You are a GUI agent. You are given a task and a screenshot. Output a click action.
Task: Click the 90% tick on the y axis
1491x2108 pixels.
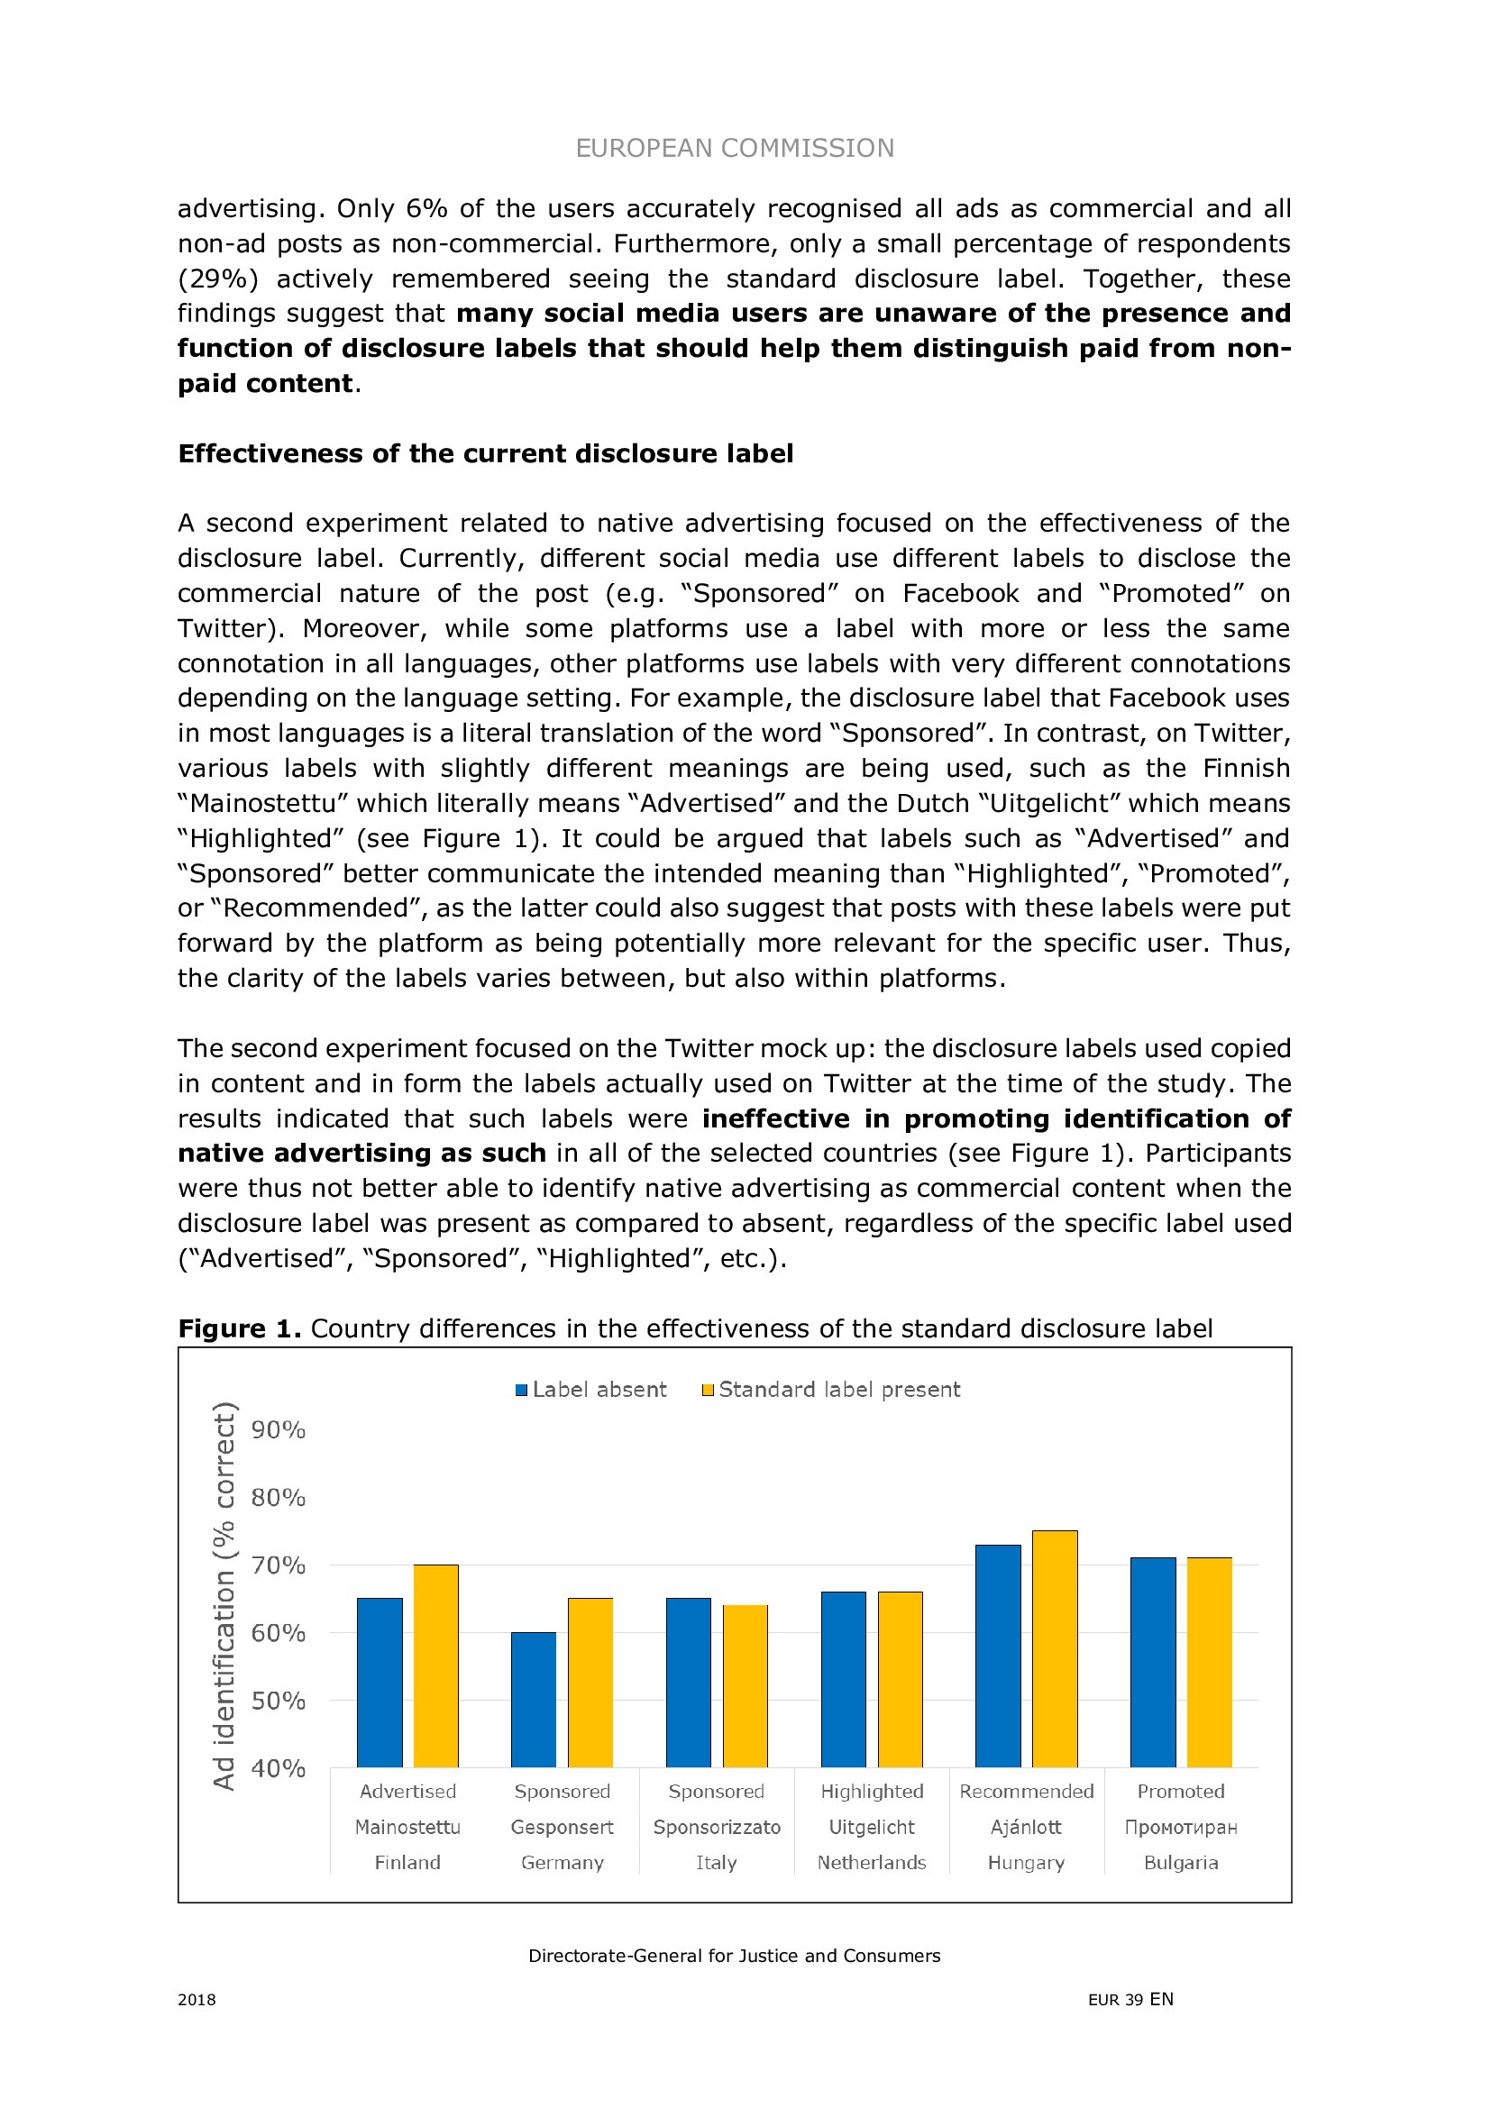pos(279,1429)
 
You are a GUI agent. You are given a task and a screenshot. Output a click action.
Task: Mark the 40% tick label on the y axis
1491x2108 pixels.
pos(279,1767)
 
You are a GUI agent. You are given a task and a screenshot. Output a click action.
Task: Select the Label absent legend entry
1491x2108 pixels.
pos(591,1389)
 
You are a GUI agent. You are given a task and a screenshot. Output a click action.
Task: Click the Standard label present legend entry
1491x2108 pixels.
pos(831,1389)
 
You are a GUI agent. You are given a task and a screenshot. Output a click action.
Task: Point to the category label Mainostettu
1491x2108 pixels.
pos(407,1827)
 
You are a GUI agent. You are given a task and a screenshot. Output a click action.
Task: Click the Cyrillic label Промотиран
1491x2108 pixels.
pos(1181,1827)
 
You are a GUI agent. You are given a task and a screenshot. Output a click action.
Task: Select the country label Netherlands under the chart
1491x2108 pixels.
pos(872,1862)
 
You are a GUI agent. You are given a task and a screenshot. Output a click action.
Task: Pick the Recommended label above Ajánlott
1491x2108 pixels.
pos(1027,1792)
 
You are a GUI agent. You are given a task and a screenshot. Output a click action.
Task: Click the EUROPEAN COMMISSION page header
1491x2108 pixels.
pos(735,148)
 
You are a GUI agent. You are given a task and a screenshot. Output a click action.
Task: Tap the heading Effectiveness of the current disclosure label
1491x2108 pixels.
pos(486,453)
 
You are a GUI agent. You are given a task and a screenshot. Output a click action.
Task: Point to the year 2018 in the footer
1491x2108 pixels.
pos(197,2000)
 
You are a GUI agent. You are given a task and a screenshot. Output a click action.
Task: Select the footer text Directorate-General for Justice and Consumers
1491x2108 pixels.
pos(735,1956)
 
